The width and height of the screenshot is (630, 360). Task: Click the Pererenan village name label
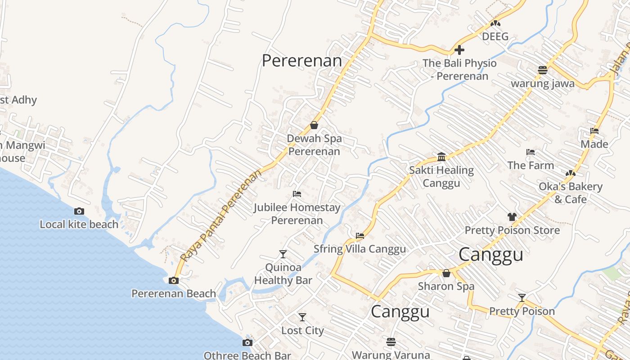[x=302, y=61]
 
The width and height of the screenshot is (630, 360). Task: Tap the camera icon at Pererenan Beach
[x=173, y=281]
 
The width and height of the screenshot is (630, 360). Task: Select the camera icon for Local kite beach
[x=79, y=211]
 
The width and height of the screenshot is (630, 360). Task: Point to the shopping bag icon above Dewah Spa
[x=314, y=125]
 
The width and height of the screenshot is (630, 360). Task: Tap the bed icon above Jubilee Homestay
[x=297, y=194]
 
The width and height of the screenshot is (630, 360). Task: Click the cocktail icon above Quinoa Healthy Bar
[x=283, y=254]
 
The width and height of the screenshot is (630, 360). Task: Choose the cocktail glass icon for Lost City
[x=302, y=317]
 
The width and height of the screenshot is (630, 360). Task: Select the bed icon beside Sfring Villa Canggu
[x=360, y=235]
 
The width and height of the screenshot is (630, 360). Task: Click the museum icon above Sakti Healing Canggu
[x=441, y=157]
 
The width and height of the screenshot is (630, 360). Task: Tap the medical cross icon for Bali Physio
[x=459, y=50]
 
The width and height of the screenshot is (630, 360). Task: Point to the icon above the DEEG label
[x=495, y=23]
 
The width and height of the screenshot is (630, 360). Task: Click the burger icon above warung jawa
[x=543, y=70]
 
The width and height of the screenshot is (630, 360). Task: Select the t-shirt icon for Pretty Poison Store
[x=512, y=217]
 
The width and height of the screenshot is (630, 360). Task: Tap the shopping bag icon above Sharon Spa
[x=446, y=273]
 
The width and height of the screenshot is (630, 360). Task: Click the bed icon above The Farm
[x=531, y=152]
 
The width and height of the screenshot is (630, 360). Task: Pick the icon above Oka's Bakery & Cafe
[x=571, y=173]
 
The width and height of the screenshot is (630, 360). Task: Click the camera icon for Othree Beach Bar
[x=247, y=343]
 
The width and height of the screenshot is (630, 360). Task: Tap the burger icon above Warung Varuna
[x=391, y=342]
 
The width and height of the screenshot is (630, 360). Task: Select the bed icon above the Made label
[x=594, y=131]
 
